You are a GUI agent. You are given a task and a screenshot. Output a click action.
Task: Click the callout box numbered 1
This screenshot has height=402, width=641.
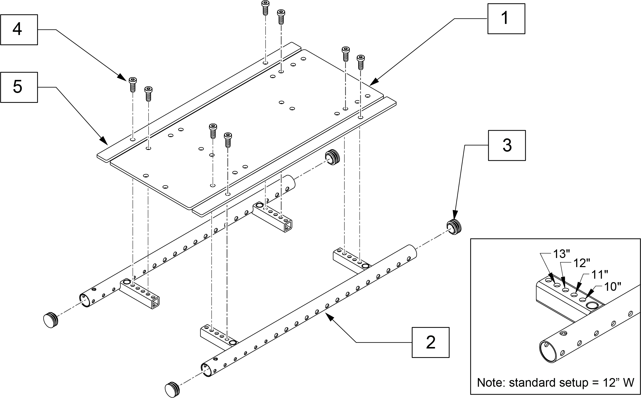[506, 18]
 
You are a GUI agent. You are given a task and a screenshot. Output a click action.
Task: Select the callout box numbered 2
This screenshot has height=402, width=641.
[430, 343]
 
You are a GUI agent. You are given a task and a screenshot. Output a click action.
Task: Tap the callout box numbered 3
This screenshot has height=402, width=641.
[507, 146]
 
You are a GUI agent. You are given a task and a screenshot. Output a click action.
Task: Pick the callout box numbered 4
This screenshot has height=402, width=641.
[19, 30]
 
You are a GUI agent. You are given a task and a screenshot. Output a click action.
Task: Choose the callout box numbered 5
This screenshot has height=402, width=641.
[19, 87]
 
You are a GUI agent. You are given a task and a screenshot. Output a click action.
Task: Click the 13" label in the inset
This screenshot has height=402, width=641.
[561, 254]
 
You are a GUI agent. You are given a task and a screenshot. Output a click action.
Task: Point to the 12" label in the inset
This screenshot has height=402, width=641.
[582, 263]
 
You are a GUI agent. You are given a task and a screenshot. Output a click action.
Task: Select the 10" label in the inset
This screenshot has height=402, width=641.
[613, 287]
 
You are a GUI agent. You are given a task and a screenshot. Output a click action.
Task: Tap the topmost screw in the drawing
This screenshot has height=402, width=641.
[265, 7]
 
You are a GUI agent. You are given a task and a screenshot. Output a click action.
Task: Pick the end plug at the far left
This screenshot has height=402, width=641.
[51, 320]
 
